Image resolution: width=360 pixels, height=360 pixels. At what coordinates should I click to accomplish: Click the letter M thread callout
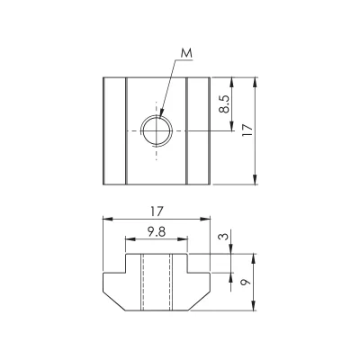[x=186, y=54]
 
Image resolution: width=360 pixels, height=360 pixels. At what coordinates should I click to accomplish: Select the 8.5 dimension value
[x=224, y=104]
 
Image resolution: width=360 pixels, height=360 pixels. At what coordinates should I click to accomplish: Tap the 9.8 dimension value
[x=157, y=232]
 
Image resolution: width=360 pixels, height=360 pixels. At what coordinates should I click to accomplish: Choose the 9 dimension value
[x=246, y=282]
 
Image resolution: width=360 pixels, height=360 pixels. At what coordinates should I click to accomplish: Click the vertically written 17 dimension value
[x=247, y=130]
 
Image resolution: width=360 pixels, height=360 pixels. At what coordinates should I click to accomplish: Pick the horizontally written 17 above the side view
[x=157, y=211]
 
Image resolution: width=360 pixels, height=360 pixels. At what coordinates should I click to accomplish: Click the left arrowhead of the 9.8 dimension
[x=130, y=239]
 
